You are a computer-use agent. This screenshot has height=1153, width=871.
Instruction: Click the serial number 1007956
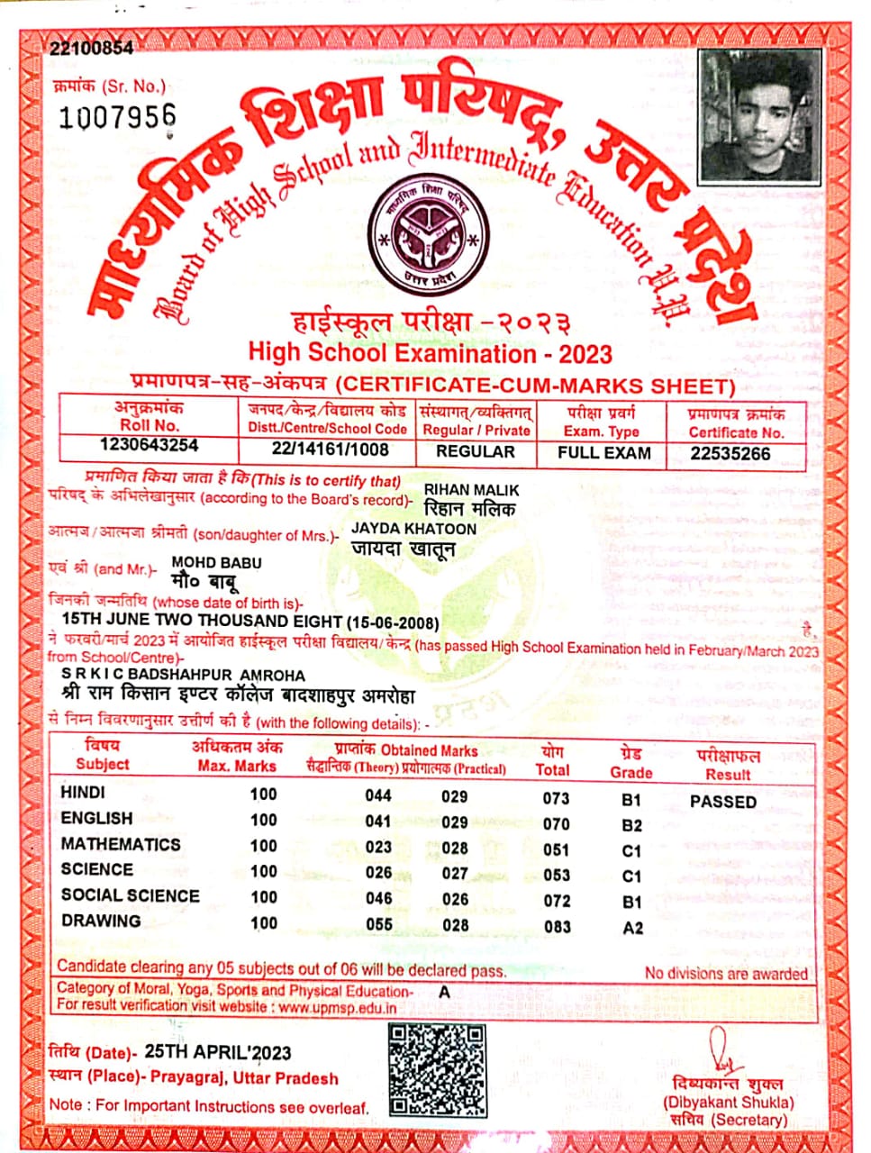[x=117, y=117]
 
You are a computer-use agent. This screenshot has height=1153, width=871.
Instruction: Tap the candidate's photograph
[x=761, y=115]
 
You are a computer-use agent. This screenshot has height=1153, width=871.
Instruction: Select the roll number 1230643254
[x=150, y=446]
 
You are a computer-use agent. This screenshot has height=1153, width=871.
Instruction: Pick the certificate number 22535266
[x=730, y=453]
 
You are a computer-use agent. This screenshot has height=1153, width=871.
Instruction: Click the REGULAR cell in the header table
[x=476, y=451]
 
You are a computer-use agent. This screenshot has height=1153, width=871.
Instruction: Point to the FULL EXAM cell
[x=603, y=452]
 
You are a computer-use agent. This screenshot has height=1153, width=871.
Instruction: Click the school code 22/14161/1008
[x=331, y=449]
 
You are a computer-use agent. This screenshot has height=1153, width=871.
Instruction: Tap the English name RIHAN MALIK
[x=472, y=489]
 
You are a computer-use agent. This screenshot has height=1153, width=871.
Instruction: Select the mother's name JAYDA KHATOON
[x=413, y=528]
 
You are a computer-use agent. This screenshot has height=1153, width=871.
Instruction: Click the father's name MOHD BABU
[x=217, y=562]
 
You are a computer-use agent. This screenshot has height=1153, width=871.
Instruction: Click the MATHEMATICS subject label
[x=121, y=844]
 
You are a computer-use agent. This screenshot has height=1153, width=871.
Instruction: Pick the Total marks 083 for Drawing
[x=557, y=925]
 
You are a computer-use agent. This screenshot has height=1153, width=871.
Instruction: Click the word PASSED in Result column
[x=722, y=801]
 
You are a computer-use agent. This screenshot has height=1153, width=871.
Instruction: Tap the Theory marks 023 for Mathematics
[x=378, y=847]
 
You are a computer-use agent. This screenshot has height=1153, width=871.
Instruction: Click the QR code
[x=437, y=1070]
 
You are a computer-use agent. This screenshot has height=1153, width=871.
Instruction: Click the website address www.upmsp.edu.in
[x=337, y=1007]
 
